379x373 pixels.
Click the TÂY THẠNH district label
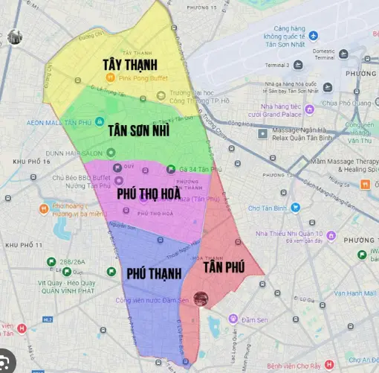click(135, 66)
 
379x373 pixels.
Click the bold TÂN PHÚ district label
click(224, 267)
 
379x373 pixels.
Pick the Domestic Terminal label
click(325, 54)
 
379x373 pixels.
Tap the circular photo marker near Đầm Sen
click(201, 299)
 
